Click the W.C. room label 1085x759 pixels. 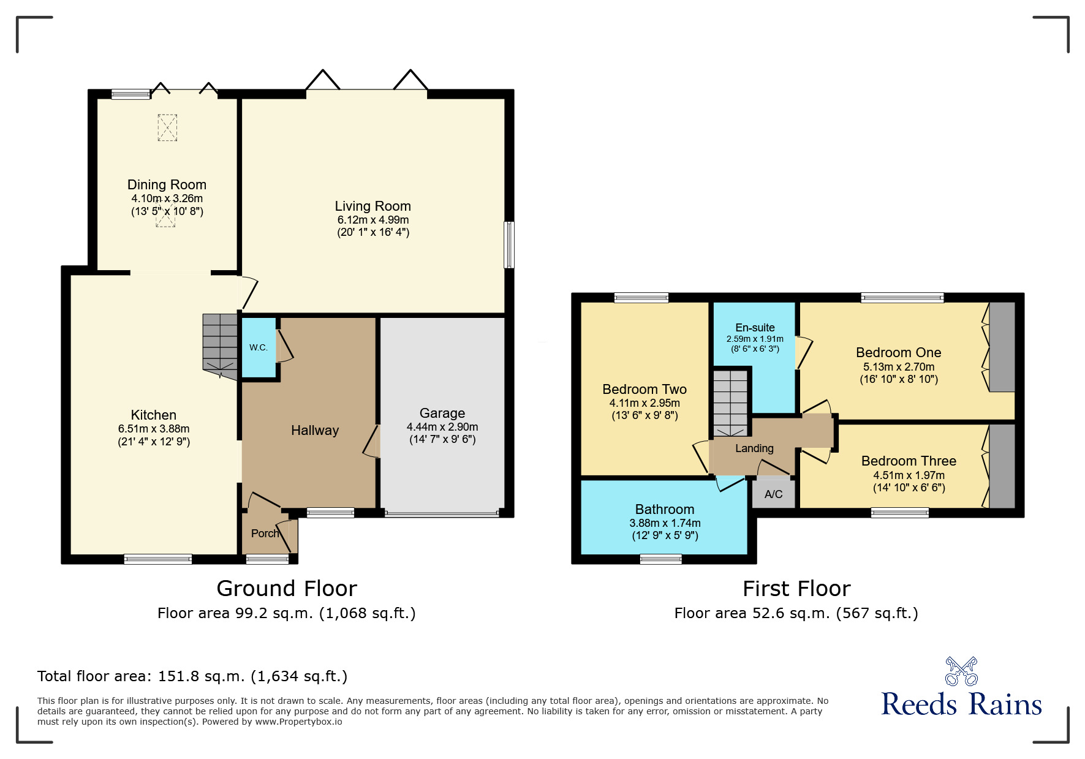[x=259, y=347]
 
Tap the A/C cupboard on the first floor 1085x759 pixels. [x=773, y=494]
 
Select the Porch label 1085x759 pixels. [x=265, y=534]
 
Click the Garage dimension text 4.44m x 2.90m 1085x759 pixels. [x=442, y=427]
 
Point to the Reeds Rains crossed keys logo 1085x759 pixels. [x=961, y=671]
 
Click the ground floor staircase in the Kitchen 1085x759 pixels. [x=220, y=344]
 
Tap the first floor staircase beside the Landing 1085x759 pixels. [x=730, y=401]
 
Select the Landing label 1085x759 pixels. [x=754, y=448]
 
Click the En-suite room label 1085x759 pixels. [x=755, y=328]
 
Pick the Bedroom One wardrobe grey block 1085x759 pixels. [x=1002, y=347]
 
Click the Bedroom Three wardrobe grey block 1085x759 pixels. [x=1002, y=466]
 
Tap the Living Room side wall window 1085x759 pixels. [x=509, y=245]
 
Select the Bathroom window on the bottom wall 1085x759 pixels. [x=660, y=559]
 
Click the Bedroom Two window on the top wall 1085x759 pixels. [x=641, y=298]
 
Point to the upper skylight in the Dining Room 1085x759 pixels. [x=167, y=128]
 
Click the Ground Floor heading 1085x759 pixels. [x=287, y=589]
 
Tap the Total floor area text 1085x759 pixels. [x=192, y=676]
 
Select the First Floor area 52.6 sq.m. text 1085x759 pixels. [x=796, y=613]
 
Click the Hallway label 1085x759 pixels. [x=315, y=431]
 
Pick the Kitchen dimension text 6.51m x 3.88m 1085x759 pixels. [x=154, y=429]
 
